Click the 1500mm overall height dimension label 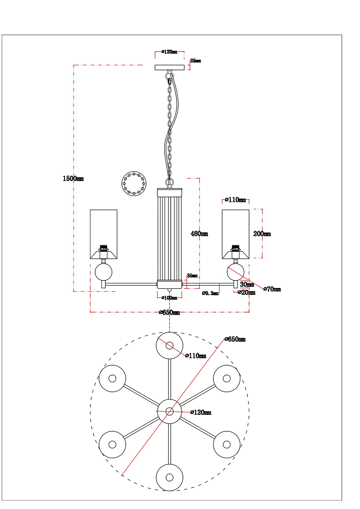73,179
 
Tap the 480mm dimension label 199,233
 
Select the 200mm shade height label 262,234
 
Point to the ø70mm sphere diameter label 272,289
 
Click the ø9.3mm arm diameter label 210,293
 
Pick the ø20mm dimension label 247,292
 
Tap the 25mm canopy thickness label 196,61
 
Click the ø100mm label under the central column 169,298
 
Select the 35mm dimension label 192,276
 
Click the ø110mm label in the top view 196,355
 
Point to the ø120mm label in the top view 200,412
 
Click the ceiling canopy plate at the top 169,67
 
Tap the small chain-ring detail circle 134,184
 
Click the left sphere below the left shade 104,272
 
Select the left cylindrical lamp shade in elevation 104,234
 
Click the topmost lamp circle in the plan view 169,346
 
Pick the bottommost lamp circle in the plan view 169,478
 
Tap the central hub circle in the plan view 169,411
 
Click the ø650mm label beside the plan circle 235,339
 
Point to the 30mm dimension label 247,284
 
